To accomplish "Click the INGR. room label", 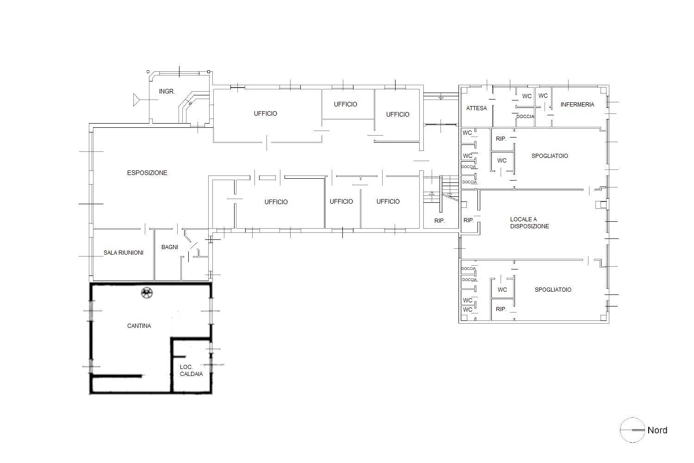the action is click(x=167, y=92).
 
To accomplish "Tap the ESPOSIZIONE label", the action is click(x=147, y=173).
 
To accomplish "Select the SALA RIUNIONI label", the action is click(x=124, y=253).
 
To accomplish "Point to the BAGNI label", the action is click(x=170, y=247).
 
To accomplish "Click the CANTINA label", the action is click(x=139, y=326).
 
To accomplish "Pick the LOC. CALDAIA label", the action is click(x=191, y=370).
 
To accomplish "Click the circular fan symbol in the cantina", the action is click(x=147, y=293).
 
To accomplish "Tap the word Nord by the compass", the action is click(x=657, y=430).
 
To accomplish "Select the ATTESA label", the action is click(x=477, y=108).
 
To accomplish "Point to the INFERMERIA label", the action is click(x=577, y=105).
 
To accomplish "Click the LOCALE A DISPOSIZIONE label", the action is click(x=529, y=223).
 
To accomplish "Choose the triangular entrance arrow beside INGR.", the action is click(x=136, y=100).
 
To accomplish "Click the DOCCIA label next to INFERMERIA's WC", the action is click(x=525, y=117).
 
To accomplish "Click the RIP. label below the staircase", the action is click(x=440, y=221).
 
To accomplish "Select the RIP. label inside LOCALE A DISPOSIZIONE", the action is click(x=468, y=220).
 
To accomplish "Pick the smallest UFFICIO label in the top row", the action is click(x=346, y=104).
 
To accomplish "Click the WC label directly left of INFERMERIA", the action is click(x=543, y=96).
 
